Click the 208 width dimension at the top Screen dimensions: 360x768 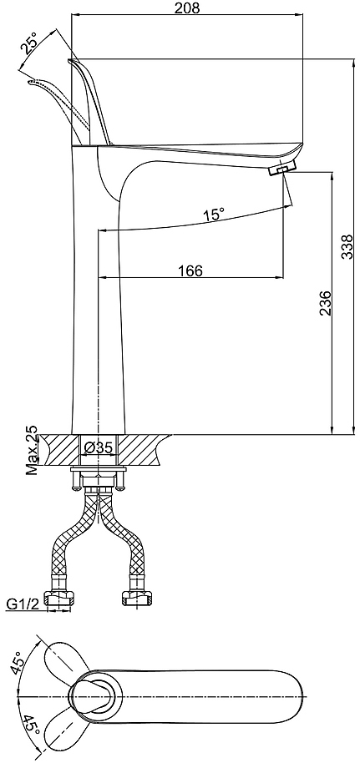click(188, 8)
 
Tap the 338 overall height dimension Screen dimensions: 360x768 click(347, 247)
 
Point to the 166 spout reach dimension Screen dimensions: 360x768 click(190, 270)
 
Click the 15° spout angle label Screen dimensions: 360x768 click(214, 214)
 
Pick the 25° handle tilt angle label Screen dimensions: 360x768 click(29, 43)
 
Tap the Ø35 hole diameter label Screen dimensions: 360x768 click(99, 447)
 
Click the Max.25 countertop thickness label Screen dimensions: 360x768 click(32, 451)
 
